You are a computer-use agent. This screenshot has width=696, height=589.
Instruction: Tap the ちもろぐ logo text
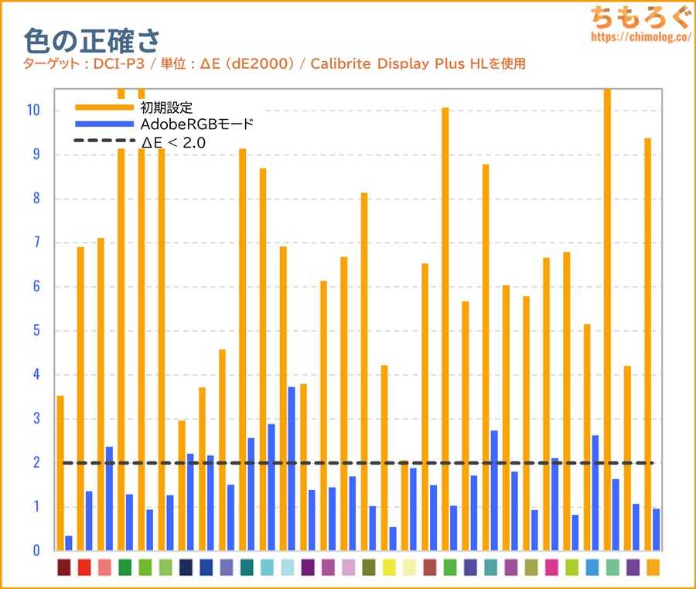tap(633, 17)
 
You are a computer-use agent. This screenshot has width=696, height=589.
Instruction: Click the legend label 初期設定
tap(166, 107)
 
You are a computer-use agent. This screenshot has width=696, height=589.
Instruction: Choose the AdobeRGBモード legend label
tap(197, 124)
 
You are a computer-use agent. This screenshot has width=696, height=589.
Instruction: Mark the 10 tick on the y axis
tap(32, 111)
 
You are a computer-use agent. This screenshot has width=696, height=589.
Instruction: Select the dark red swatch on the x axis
tap(64, 567)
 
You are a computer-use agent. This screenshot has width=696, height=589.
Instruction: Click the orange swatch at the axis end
tap(653, 567)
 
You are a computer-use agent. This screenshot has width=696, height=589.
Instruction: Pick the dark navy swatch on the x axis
tap(186, 567)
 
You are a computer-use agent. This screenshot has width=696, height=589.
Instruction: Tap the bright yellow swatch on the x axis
tap(389, 567)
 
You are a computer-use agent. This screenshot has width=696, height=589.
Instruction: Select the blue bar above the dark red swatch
tap(69, 543)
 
